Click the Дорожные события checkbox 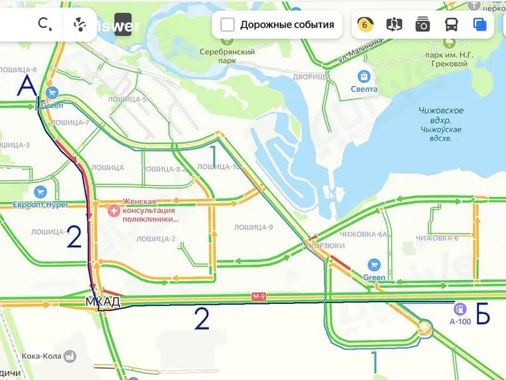pyautogui.click(x=228, y=25)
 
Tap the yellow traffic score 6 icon pyautogui.click(x=365, y=25)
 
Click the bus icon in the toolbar pyautogui.click(x=452, y=25)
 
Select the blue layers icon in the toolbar pyautogui.click(x=479, y=25)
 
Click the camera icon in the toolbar pyautogui.click(x=423, y=25)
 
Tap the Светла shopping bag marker pyautogui.click(x=364, y=77)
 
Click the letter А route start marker pyautogui.click(x=27, y=85)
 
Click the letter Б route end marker pyautogui.click(x=483, y=315)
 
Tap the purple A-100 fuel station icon pyautogui.click(x=460, y=309)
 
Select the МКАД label pyautogui.click(x=102, y=303)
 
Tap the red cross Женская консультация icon pyautogui.click(x=114, y=210)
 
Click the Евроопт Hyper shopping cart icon pyautogui.click(x=40, y=192)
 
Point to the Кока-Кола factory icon pyautogui.click(x=70, y=356)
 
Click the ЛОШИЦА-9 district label pyautogui.click(x=253, y=227)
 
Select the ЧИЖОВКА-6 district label pyautogui.click(x=437, y=238)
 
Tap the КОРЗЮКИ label pyautogui.click(x=327, y=246)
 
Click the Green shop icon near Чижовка pyautogui.click(x=374, y=265)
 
